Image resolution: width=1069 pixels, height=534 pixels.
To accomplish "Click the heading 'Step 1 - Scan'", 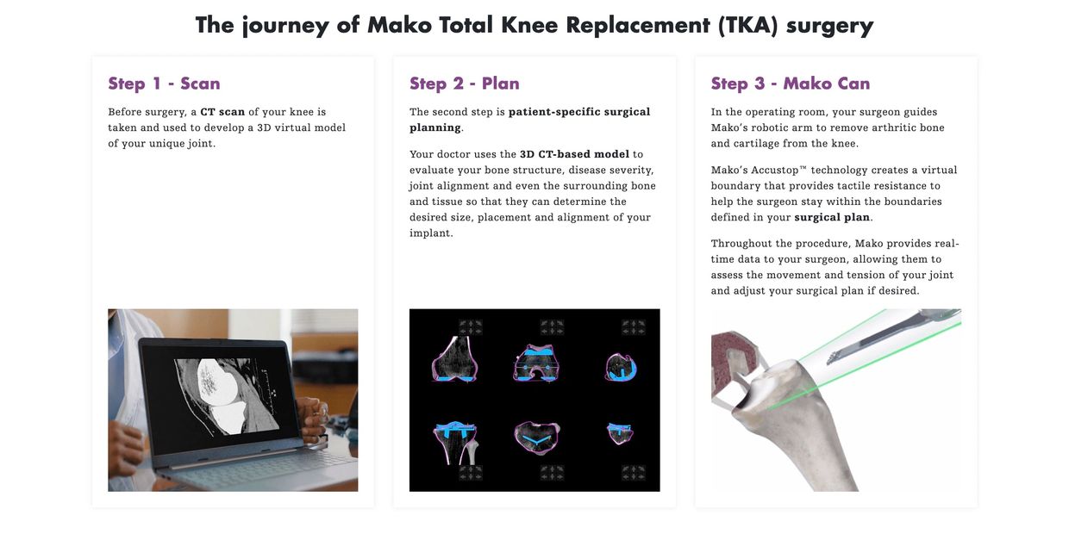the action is pyautogui.click(x=164, y=84).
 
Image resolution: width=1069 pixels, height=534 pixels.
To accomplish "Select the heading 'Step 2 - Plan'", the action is pyautogui.click(x=465, y=84).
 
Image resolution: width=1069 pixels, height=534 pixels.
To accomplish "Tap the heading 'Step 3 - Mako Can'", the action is pyautogui.click(x=791, y=84).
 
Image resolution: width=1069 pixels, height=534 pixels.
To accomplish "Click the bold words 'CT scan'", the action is pyautogui.click(x=222, y=112).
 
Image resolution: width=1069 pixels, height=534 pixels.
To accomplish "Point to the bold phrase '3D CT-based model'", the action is pyautogui.click(x=574, y=154).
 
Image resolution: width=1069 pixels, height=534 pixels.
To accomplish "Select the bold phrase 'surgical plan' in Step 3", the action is pyautogui.click(x=832, y=217).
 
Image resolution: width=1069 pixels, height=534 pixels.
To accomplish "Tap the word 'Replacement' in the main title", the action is pyautogui.click(x=638, y=25).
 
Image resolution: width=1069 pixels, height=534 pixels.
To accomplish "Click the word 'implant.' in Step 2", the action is pyautogui.click(x=431, y=233).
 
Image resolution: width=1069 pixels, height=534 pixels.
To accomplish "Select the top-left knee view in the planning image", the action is pyautogui.click(x=455, y=358).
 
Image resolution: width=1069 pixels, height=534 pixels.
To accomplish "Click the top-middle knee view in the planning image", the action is pyautogui.click(x=536, y=363).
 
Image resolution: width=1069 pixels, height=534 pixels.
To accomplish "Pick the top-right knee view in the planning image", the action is pyautogui.click(x=621, y=368).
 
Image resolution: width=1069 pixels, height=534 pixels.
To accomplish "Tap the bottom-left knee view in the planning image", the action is pyautogui.click(x=455, y=443).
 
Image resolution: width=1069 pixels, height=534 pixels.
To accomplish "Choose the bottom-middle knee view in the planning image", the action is pyautogui.click(x=537, y=437).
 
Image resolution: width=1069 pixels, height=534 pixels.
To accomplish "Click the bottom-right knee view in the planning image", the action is pyautogui.click(x=620, y=433).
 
